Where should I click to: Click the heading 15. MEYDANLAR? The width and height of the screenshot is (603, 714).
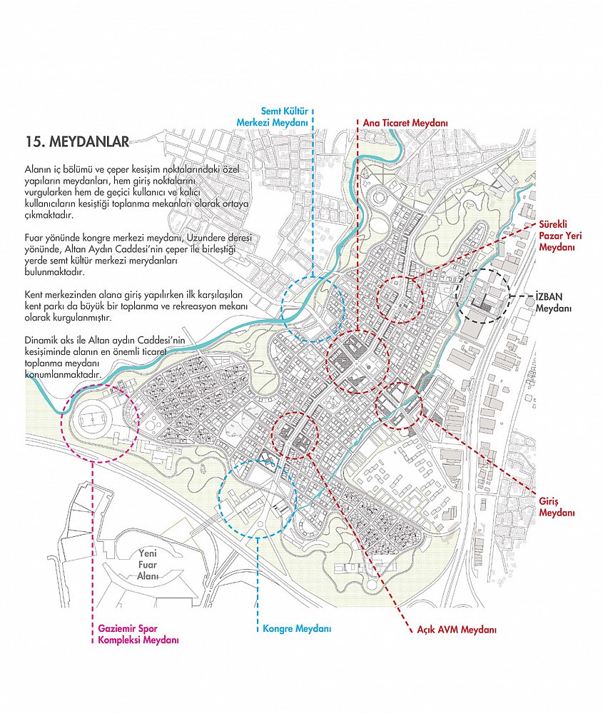tap(77, 141)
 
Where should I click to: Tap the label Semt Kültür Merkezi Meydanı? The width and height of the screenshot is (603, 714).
tap(273, 116)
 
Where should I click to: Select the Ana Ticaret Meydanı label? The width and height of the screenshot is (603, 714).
tap(405, 123)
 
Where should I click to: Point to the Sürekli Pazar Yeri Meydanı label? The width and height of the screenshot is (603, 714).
tap(560, 236)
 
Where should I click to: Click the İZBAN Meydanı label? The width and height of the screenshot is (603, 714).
tap(553, 302)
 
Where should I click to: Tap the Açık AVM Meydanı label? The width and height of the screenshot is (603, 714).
tap(457, 630)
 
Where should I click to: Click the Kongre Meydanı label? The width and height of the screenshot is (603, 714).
tap(297, 629)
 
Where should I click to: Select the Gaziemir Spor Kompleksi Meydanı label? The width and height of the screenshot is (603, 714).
tap(138, 634)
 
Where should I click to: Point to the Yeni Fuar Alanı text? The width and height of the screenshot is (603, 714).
tap(148, 565)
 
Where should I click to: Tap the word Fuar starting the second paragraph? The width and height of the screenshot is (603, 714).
tap(34, 238)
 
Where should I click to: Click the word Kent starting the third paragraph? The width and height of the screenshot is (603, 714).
tap(34, 295)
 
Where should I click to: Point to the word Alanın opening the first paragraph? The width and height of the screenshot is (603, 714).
tap(37, 169)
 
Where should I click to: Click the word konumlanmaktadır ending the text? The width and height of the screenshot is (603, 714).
tap(62, 374)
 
